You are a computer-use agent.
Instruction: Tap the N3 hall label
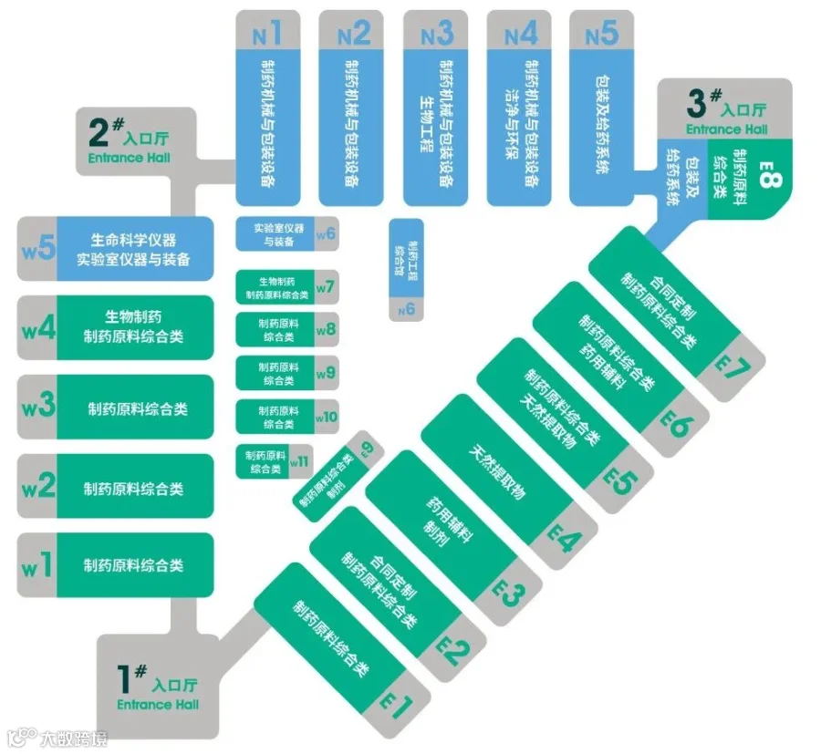(x=436, y=35)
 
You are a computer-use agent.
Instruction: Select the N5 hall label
(x=602, y=35)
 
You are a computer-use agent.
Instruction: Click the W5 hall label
(x=39, y=248)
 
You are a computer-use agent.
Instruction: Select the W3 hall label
(x=38, y=408)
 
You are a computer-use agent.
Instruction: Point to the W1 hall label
(x=38, y=566)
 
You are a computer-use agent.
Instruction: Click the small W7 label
(x=326, y=288)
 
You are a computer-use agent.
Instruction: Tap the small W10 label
(x=326, y=418)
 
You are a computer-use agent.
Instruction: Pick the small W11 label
(x=299, y=461)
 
